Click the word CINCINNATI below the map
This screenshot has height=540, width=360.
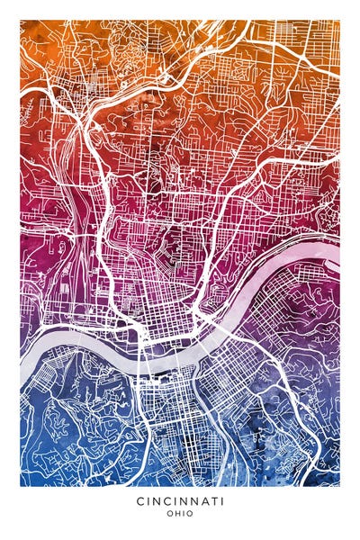coord(180,500)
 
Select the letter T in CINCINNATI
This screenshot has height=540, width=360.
coord(211,500)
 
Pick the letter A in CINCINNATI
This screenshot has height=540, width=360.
coord(200,500)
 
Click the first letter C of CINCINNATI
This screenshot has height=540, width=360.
coord(140,500)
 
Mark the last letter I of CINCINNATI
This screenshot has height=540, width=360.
coord(220,500)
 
